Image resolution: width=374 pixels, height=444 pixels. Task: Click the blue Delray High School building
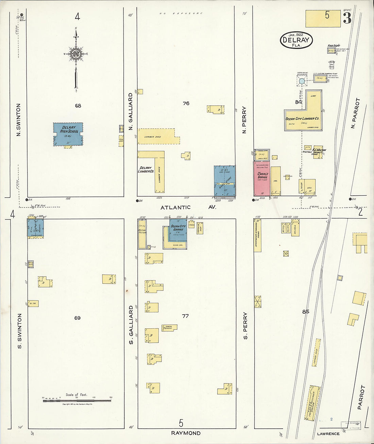point(68,134)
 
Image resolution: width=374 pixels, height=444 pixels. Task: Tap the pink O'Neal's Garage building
point(262,179)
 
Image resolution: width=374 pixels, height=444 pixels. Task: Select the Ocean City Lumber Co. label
point(302,119)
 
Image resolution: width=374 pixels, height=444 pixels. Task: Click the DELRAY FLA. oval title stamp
point(296,40)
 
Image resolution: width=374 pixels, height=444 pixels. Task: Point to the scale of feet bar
point(77,401)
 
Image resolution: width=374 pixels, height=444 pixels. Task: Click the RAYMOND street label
point(186,433)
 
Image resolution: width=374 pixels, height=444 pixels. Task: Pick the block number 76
point(186,103)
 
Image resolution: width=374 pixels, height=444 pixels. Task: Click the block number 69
point(78,318)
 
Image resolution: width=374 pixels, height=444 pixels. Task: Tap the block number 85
point(305,311)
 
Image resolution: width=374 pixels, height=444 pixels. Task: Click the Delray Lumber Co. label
point(146,169)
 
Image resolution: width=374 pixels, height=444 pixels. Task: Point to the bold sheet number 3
point(347,18)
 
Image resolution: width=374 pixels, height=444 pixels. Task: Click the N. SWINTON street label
point(19,120)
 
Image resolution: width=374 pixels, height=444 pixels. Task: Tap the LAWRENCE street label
point(328,434)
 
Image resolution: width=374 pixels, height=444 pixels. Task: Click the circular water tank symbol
point(302,81)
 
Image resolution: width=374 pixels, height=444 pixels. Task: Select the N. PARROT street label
point(354,113)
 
